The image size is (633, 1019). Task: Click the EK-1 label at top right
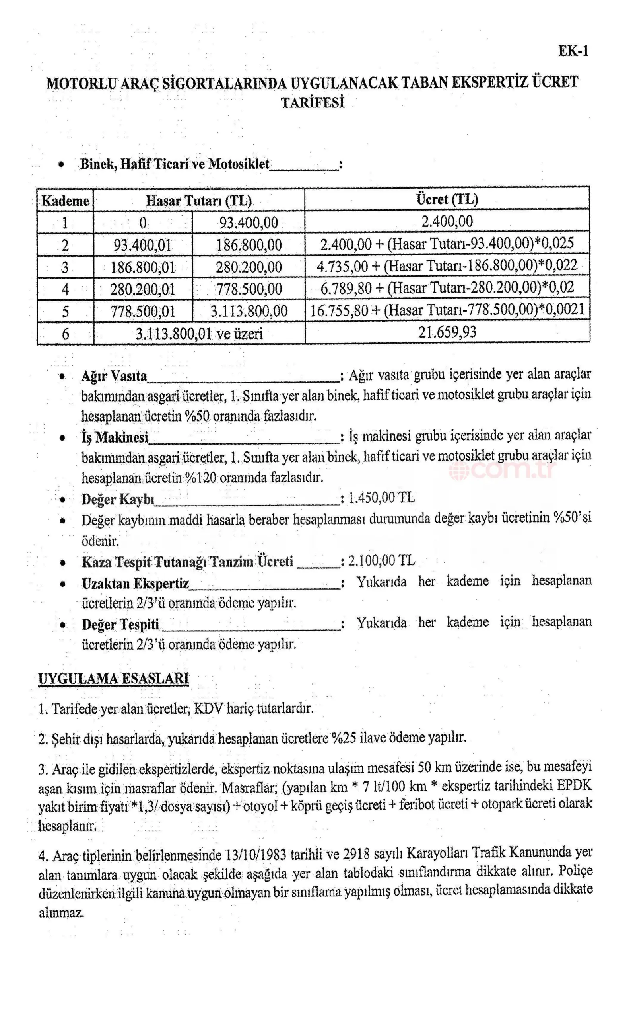[573, 51]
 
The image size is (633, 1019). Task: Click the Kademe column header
[65, 201]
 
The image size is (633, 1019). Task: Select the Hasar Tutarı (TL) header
[198, 201]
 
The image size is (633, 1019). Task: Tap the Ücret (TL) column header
[447, 199]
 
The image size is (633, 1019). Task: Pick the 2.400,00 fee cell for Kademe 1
[447, 222]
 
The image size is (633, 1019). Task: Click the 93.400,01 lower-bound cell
[142, 245]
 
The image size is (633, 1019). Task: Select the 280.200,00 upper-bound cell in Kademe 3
[249, 267]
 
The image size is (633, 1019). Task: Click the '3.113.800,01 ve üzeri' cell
[199, 334]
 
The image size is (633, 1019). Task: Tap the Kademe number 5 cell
[65, 312]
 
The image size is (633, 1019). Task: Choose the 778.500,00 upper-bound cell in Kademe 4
[249, 289]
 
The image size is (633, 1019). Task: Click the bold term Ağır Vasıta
[114, 376]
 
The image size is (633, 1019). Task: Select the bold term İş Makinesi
[115, 438]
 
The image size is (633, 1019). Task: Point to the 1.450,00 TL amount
[381, 498]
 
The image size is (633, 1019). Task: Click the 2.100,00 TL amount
[381, 560]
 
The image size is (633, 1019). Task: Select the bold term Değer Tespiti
[120, 625]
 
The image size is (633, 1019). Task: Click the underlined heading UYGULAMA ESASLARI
[113, 678]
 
